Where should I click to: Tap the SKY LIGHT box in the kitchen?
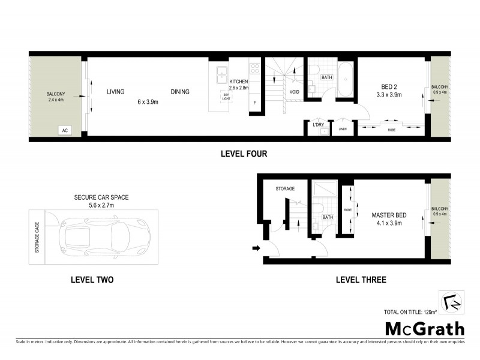click(226, 97)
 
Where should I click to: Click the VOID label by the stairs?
click(295, 92)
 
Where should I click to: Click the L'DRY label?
click(319, 124)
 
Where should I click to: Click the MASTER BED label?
click(386, 215)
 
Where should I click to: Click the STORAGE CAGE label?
click(37, 236)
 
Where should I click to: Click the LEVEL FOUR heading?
click(244, 154)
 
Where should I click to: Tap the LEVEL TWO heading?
click(92, 280)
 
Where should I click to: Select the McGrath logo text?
click(424, 328)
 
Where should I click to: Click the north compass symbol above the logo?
click(452, 302)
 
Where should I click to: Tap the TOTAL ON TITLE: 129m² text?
click(410, 312)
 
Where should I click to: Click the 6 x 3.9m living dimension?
click(146, 102)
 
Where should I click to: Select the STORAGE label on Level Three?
click(285, 189)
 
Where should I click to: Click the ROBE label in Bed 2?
click(391, 130)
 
